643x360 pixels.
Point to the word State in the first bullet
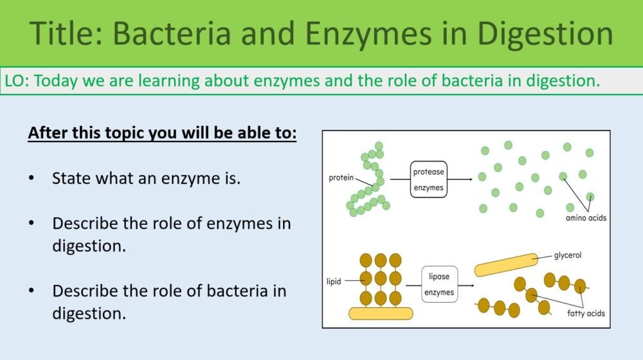click(71, 178)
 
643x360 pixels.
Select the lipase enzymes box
click(440, 284)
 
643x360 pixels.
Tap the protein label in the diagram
click(341, 177)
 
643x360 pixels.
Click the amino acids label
click(586, 217)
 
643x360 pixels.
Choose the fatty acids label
click(585, 313)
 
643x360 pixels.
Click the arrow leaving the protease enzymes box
click(462, 177)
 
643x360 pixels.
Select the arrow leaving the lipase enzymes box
click(467, 284)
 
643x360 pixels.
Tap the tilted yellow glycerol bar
click(507, 264)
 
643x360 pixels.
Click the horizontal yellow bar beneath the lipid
click(381, 313)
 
